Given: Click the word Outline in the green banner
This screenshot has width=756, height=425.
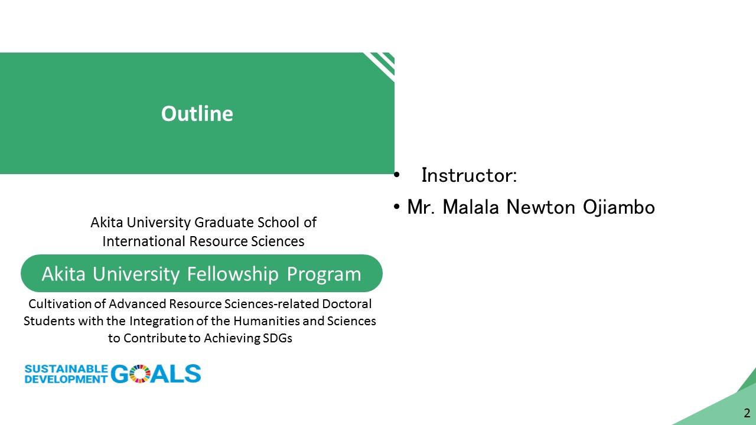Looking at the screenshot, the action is [x=197, y=114].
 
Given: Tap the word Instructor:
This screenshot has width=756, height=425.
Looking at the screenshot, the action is [x=469, y=175].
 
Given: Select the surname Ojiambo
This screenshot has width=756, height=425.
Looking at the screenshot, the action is [x=619, y=207].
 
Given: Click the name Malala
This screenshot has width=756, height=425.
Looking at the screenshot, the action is [x=471, y=207].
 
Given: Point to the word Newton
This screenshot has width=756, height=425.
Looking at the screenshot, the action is [x=540, y=207].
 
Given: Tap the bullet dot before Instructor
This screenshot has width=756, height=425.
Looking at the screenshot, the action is [x=396, y=175].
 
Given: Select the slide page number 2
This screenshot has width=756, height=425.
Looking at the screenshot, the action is [x=747, y=413].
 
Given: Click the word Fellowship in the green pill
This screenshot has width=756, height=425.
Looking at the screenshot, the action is [x=233, y=273].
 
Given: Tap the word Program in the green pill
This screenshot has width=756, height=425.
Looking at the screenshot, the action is [x=324, y=274].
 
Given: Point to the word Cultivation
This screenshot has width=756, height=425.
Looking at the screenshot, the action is [x=60, y=304].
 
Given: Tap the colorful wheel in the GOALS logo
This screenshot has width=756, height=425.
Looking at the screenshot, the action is [x=140, y=374].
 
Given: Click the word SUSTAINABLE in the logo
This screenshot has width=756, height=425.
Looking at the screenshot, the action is [x=66, y=369].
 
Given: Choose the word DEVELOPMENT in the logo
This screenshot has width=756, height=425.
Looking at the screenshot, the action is [x=66, y=379].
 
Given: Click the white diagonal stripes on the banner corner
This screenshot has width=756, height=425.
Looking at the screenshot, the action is [x=380, y=66].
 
